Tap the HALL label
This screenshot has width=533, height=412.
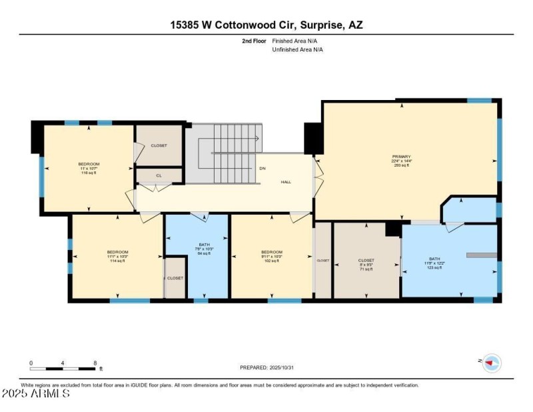coord(286,181)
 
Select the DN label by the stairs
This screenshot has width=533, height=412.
coord(263,168)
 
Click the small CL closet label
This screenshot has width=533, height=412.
coord(159,176)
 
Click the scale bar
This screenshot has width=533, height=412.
coord(63,368)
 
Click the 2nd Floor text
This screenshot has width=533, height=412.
coord(254,41)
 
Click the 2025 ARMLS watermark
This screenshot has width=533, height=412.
coord(36,394)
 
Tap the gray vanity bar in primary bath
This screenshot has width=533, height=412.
coord(482,255)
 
